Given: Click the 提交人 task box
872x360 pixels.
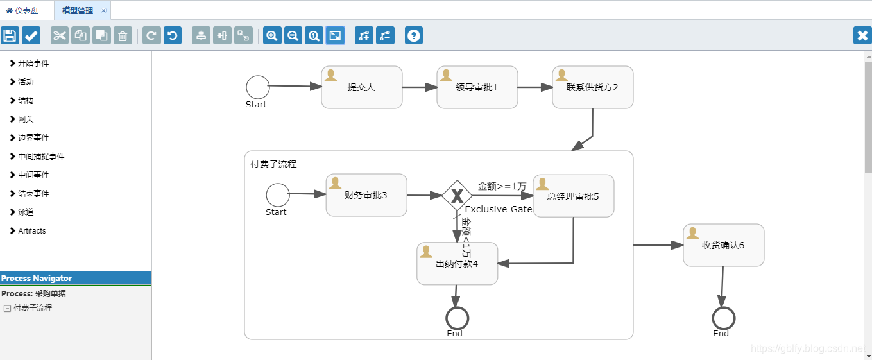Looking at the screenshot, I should (361, 87).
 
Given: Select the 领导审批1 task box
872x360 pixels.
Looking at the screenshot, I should (477, 87).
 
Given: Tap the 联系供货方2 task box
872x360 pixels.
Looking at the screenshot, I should (592, 87).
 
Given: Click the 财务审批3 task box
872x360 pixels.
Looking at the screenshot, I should (366, 195).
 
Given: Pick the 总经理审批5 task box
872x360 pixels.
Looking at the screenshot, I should (573, 196).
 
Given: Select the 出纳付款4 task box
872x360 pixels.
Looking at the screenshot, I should (457, 264).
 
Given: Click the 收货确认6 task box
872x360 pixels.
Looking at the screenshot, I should (723, 245).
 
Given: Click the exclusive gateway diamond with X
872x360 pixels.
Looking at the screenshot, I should (457, 196).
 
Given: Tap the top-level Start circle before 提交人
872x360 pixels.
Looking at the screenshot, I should (258, 87).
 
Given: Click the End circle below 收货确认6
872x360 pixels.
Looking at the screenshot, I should (723, 318).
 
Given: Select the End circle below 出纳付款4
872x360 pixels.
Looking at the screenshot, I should (457, 318).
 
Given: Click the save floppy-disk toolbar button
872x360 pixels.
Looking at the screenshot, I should (10, 35).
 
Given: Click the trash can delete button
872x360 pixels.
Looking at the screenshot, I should (123, 35).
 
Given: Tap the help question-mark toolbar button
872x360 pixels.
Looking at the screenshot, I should (414, 35).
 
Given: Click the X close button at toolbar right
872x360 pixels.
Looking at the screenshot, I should (862, 35).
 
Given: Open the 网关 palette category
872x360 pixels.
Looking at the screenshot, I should (26, 119).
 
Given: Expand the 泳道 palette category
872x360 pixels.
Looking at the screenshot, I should (26, 212).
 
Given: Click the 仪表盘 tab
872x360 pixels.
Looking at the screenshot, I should (22, 10).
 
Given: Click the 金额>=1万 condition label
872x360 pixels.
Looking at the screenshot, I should (502, 186).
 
